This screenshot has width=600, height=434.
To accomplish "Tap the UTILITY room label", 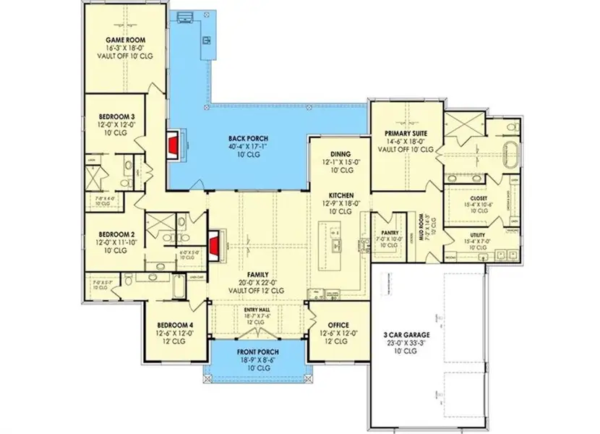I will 476,235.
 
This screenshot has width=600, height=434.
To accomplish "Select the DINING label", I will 340,154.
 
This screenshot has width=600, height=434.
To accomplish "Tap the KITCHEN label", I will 340,196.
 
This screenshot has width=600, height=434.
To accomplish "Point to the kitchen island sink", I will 335,246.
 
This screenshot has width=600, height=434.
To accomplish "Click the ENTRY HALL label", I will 258,309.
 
